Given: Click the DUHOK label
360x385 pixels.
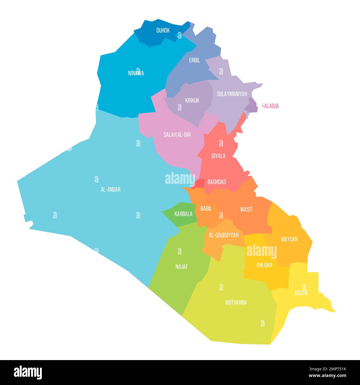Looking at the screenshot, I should coord(163,30).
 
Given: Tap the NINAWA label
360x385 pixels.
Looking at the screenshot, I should coord(136,73).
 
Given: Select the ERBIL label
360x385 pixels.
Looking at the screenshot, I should coord(194,60).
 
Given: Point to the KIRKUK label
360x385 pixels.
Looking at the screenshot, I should coord(192,100).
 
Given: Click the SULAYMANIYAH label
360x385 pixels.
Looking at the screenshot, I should coord(232,94).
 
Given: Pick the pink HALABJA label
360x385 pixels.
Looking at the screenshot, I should coord(270,106).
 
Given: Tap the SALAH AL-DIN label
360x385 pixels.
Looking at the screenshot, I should coord(177,135).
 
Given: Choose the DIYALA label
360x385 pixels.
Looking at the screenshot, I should coord(218,156).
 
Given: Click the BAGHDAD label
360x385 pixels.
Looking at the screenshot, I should coord(217,182).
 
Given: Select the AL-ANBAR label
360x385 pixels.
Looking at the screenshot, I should coord(110,190).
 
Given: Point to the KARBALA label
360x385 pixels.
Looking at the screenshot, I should coord(183,214).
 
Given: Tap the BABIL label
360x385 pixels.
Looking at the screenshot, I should coord(206,209).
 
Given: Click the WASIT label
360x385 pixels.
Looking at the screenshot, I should coord(246,209).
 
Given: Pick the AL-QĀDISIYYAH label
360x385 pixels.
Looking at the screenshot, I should coord(223,235).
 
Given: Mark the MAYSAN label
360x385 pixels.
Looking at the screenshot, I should coord(289,239).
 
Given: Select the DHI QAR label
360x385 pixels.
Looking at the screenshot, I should coord(264,265).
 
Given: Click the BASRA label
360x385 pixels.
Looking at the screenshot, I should coord(301,293).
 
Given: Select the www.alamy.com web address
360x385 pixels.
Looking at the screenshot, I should coord(328,376).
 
